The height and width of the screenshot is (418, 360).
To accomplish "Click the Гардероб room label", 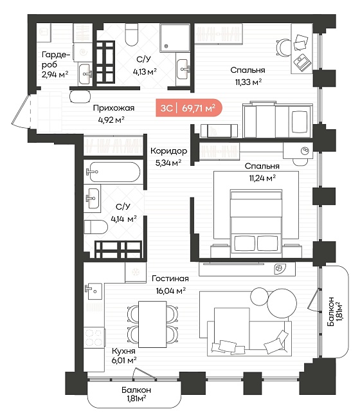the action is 56,59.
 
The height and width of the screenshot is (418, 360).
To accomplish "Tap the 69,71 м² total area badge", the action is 189,108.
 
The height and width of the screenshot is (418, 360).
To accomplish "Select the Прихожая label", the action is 114,108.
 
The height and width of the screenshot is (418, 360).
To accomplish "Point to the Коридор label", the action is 168,151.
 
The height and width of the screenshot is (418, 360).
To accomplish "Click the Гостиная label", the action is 170,278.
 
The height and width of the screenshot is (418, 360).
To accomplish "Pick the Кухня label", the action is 123,351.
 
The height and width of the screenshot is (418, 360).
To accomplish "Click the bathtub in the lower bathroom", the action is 113,172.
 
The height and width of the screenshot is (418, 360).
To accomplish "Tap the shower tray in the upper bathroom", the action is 175,37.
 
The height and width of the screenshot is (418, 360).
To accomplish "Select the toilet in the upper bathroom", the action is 132,34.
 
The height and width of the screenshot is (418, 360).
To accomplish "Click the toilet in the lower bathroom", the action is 96,227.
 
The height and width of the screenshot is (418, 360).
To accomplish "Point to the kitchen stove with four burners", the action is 93,338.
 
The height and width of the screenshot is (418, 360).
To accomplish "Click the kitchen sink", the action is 94,291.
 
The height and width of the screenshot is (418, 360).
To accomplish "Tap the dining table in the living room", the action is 152,324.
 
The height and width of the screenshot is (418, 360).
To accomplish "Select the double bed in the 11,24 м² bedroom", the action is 256,223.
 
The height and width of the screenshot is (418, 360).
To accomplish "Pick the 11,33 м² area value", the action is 248,82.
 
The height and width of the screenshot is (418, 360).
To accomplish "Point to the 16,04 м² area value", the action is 171,290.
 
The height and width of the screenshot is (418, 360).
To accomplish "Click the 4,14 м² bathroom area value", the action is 123,219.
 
